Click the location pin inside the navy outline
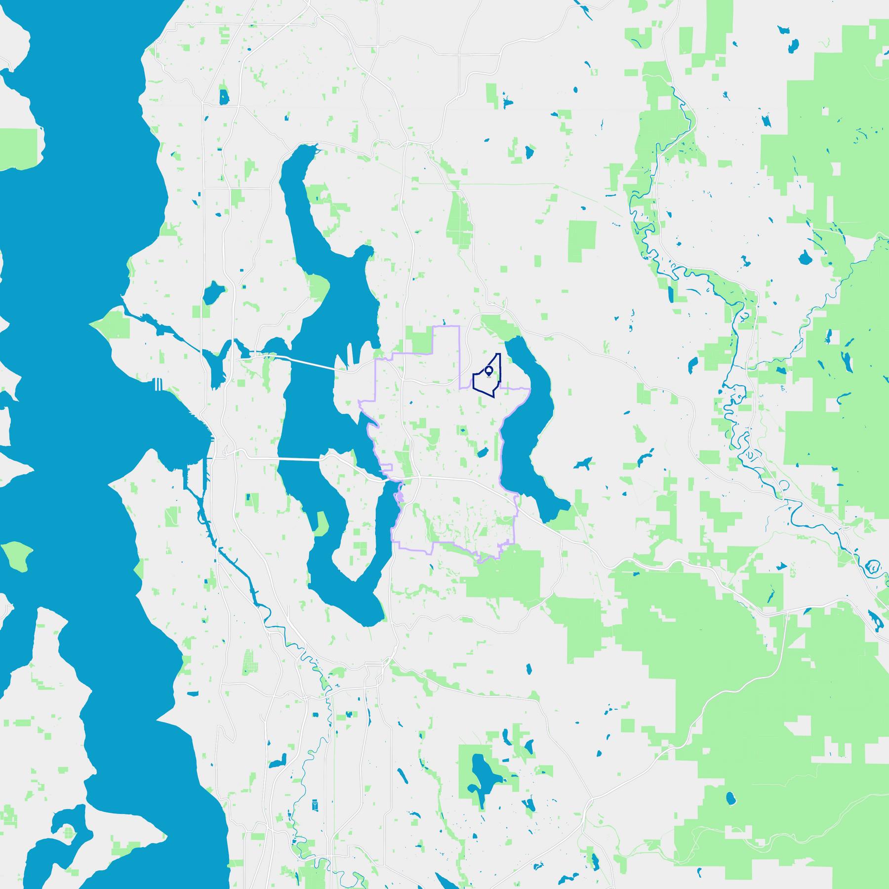489,370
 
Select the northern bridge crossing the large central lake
311,363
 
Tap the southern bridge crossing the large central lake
299,460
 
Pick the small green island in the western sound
17,556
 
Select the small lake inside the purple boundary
483,453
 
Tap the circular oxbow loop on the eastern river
873,566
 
